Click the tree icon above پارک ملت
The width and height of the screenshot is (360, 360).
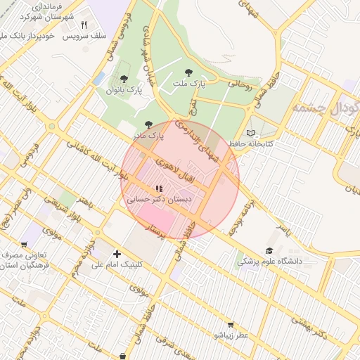point(188,72)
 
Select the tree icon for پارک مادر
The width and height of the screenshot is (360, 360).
point(148,124)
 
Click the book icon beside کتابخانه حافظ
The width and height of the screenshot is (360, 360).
point(251,133)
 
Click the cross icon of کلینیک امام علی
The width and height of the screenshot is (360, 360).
point(117,254)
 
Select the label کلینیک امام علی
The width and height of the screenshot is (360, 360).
point(117,265)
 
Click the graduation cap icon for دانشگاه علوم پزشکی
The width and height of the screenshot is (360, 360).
point(269,251)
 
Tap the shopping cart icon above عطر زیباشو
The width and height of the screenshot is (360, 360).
point(231,325)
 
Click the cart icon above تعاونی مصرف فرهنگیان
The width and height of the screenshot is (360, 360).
point(24,245)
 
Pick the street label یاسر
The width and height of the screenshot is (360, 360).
point(283,229)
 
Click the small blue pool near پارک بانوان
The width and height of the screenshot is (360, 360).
point(98,77)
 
